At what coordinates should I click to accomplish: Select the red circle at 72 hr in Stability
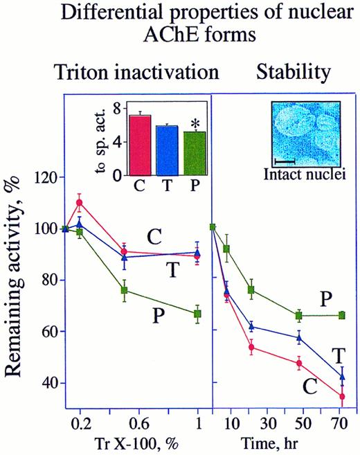pyautogui.click(x=342, y=397)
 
